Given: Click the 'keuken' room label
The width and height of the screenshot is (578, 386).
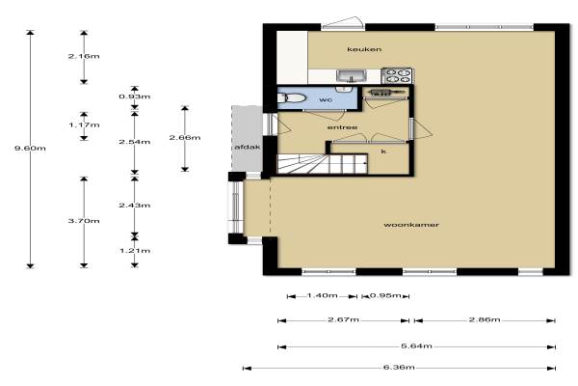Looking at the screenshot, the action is (x=364, y=49).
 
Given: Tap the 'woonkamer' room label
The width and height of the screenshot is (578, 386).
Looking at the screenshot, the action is (x=411, y=225).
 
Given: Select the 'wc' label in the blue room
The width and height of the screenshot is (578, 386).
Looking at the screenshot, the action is (x=326, y=99).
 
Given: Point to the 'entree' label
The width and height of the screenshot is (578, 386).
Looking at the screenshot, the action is (x=342, y=127).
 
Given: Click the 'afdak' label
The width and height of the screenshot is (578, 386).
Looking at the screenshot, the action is (x=248, y=147).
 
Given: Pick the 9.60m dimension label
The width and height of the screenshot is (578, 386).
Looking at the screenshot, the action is (x=30, y=148).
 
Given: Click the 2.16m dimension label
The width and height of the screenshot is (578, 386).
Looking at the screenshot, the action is (x=84, y=56).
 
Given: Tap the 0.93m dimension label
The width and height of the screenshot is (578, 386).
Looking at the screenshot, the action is (x=135, y=96).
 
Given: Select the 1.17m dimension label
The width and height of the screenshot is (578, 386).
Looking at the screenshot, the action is (x=84, y=124).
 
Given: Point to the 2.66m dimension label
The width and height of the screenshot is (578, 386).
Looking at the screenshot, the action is (x=185, y=137).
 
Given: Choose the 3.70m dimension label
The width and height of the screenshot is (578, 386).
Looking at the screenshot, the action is (x=84, y=221).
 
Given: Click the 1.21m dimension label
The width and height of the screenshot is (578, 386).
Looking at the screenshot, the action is (x=135, y=251).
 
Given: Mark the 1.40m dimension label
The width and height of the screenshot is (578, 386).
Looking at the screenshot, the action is (x=322, y=295).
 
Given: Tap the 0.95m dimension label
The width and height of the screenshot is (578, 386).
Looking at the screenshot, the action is (x=385, y=295).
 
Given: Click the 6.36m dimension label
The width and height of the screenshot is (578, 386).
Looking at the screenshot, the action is (x=399, y=368).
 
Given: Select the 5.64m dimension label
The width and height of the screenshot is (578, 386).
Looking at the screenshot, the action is (x=416, y=346).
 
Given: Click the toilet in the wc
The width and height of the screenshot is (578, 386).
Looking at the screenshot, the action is (x=292, y=98).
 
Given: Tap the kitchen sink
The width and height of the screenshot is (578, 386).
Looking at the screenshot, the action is (x=351, y=76).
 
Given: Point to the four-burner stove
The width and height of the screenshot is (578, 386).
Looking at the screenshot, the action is (x=397, y=75).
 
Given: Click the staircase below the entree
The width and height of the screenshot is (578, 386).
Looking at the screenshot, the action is (x=322, y=164).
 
